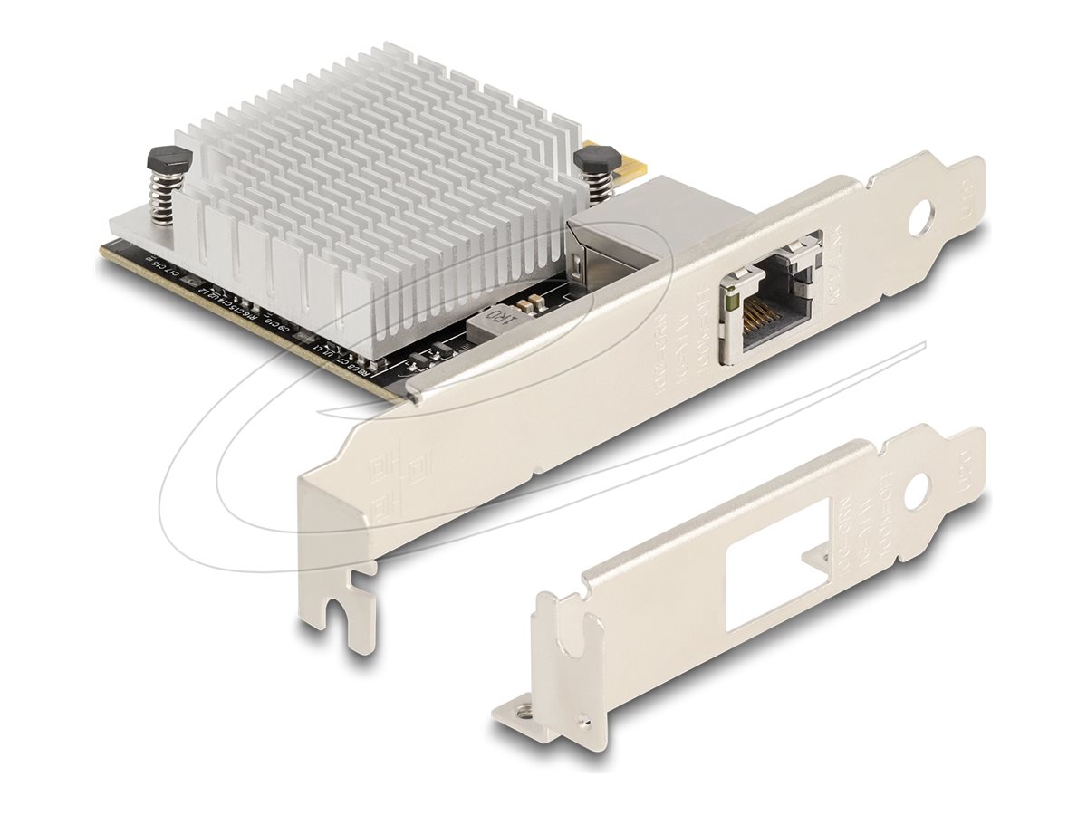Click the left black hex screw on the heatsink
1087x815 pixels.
pos(169,158)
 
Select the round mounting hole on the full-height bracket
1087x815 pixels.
pos(924,218)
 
